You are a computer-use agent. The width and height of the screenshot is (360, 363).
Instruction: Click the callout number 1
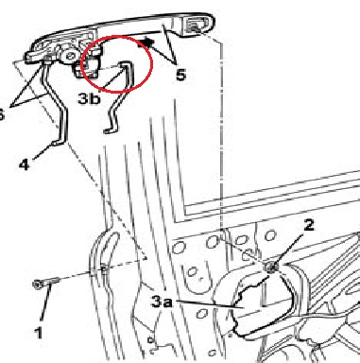(38, 333)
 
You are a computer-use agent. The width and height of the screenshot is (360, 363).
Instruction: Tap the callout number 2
(308, 225)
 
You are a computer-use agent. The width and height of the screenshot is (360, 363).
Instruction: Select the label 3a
(163, 302)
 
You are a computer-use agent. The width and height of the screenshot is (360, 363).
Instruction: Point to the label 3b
(89, 98)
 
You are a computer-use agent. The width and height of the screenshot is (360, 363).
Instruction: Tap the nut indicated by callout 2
(270, 268)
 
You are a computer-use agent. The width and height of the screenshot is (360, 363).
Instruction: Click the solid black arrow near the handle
(146, 43)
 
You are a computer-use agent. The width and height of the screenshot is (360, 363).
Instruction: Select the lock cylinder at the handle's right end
(197, 25)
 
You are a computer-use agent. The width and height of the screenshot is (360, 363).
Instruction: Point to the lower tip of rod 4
(54, 144)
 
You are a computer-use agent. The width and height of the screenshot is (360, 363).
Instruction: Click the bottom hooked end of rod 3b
(108, 130)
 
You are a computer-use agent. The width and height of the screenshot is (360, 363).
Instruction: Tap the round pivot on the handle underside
(70, 56)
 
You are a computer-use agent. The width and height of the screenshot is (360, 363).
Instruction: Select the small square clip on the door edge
(103, 268)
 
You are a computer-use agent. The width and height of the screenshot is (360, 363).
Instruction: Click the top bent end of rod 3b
(126, 64)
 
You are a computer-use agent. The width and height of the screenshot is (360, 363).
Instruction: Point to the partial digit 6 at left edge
(2, 115)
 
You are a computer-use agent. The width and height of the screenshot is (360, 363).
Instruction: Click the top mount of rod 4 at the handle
(47, 60)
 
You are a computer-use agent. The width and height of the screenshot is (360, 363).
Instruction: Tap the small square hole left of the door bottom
(150, 340)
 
